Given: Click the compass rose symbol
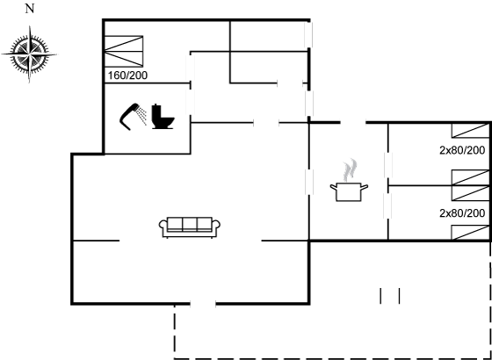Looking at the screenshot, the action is coord(29,54).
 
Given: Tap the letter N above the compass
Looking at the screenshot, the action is coord(29,9).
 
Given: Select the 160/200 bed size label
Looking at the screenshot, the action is coord(127,76).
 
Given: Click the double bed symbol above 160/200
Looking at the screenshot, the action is coord(124,51).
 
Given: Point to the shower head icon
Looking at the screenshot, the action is coord(129,116).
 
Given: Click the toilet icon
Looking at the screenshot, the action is coord(163,117).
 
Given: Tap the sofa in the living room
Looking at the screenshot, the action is coord(190,227).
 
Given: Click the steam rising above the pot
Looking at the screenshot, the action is coord(351,170).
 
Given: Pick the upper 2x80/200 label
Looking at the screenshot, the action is coord(462,150).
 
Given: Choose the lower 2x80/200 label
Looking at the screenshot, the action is coord(462,213).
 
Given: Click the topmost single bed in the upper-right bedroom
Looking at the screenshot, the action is coord(470,131).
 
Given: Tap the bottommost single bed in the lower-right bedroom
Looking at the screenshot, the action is coord(470,233).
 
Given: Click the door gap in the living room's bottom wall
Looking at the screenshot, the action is coord(203,304).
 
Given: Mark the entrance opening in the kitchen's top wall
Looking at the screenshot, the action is coord(353,122).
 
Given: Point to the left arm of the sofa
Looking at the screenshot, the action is coord(163,228).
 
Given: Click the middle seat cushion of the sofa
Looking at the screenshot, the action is coord(190,224).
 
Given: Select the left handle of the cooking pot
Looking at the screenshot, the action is coord(333,187).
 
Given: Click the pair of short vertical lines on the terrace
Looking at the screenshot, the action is coord(390,296).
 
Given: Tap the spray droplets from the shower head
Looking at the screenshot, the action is coord(142,116).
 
